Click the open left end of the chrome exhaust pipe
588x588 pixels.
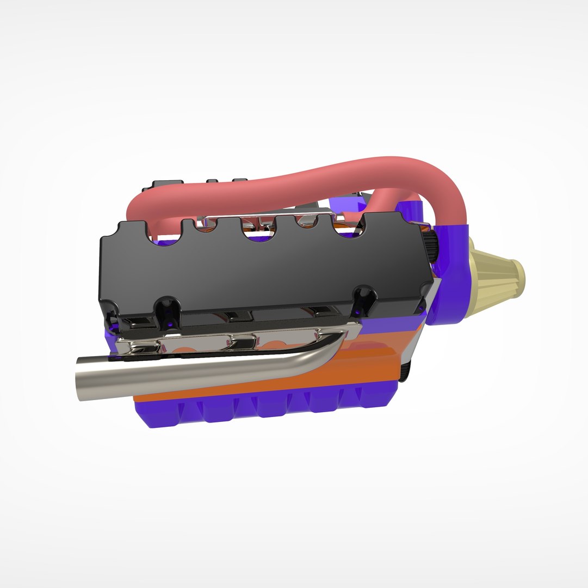[x=81, y=379]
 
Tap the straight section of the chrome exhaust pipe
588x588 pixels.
[x=190, y=376]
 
